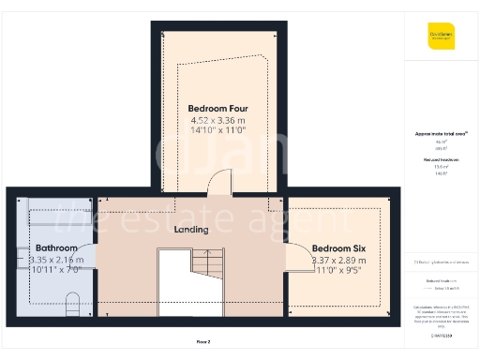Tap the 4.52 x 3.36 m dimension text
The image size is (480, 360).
[x=217, y=120]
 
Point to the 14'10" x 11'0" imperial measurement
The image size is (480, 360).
[x=217, y=132]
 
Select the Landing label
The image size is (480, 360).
[x=191, y=229]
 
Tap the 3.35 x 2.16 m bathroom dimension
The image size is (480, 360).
[x=56, y=260]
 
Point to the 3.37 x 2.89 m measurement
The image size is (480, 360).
[x=341, y=260]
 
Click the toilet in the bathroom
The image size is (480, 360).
[x=72, y=302]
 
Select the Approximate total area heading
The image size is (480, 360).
[x=440, y=134]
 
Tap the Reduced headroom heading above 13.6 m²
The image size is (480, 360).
[x=440, y=160]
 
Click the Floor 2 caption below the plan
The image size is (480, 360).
[x=203, y=341]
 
